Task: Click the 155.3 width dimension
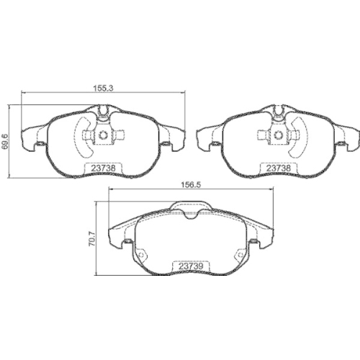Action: click(103, 88)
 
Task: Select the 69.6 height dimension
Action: click(5, 142)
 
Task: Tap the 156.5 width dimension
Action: click(192, 185)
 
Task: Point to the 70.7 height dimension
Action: click(92, 239)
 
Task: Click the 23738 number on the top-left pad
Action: click(103, 168)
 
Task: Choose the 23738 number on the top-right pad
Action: click(279, 168)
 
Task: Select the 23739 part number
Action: click(192, 266)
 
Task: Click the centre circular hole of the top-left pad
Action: click(103, 135)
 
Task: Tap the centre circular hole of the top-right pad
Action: click(278, 135)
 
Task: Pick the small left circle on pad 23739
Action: click(141, 255)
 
